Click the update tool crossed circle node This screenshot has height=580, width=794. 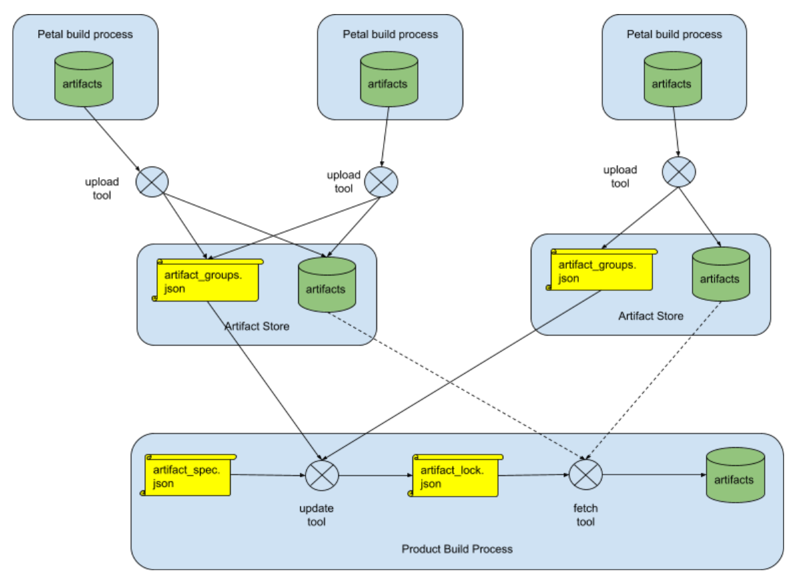click(x=322, y=475)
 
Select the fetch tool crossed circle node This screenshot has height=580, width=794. click(x=585, y=475)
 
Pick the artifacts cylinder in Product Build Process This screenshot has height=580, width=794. click(x=735, y=475)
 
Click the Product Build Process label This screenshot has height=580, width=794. click(x=457, y=549)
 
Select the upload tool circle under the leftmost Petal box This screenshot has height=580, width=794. click(x=152, y=181)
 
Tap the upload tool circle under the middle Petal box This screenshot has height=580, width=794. click(x=381, y=180)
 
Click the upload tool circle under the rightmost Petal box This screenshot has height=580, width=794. click(x=678, y=172)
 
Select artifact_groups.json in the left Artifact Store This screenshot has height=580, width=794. click(x=207, y=281)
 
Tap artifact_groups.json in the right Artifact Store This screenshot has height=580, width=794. click(x=601, y=270)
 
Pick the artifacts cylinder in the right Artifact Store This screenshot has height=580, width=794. click(x=720, y=275)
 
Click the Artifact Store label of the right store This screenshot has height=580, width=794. click(x=650, y=315)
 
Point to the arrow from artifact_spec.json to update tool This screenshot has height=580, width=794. click(x=267, y=476)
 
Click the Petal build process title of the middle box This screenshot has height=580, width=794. click(x=390, y=33)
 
